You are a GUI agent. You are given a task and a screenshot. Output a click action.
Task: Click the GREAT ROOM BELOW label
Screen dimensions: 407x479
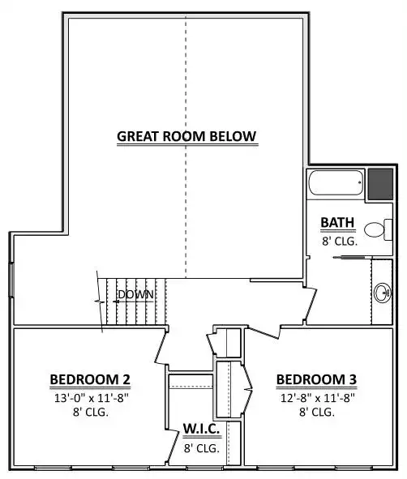point(186,136)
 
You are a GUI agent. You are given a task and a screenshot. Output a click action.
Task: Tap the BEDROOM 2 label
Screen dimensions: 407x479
point(90,380)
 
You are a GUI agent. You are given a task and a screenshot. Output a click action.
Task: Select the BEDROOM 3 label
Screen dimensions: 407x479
point(316,380)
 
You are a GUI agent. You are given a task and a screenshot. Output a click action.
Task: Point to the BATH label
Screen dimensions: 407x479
point(337,222)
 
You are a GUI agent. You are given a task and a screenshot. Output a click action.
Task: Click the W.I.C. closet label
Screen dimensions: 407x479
point(201,429)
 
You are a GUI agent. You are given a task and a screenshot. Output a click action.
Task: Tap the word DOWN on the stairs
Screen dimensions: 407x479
point(135,294)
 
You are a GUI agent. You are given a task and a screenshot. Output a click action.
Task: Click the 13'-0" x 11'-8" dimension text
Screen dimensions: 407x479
point(92,398)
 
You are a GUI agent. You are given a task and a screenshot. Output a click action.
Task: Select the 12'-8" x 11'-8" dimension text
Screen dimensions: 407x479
point(318,398)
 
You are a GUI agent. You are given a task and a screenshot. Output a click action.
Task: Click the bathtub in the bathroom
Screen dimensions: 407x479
point(336,182)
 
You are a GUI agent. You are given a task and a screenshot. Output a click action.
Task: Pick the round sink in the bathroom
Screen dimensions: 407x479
point(383,293)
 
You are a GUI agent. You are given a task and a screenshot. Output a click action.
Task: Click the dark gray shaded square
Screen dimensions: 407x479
point(380,184)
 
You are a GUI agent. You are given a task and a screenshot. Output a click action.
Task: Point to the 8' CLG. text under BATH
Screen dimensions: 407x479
point(340,242)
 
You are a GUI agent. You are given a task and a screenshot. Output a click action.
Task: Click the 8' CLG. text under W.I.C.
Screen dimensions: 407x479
point(202,448)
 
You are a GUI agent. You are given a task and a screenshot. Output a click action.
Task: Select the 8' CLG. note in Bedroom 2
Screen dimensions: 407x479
point(91,412)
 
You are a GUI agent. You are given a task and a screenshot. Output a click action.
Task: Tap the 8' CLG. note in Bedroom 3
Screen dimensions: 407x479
point(317,412)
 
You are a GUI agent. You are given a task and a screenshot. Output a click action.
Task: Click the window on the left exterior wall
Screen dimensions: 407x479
point(11,280)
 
